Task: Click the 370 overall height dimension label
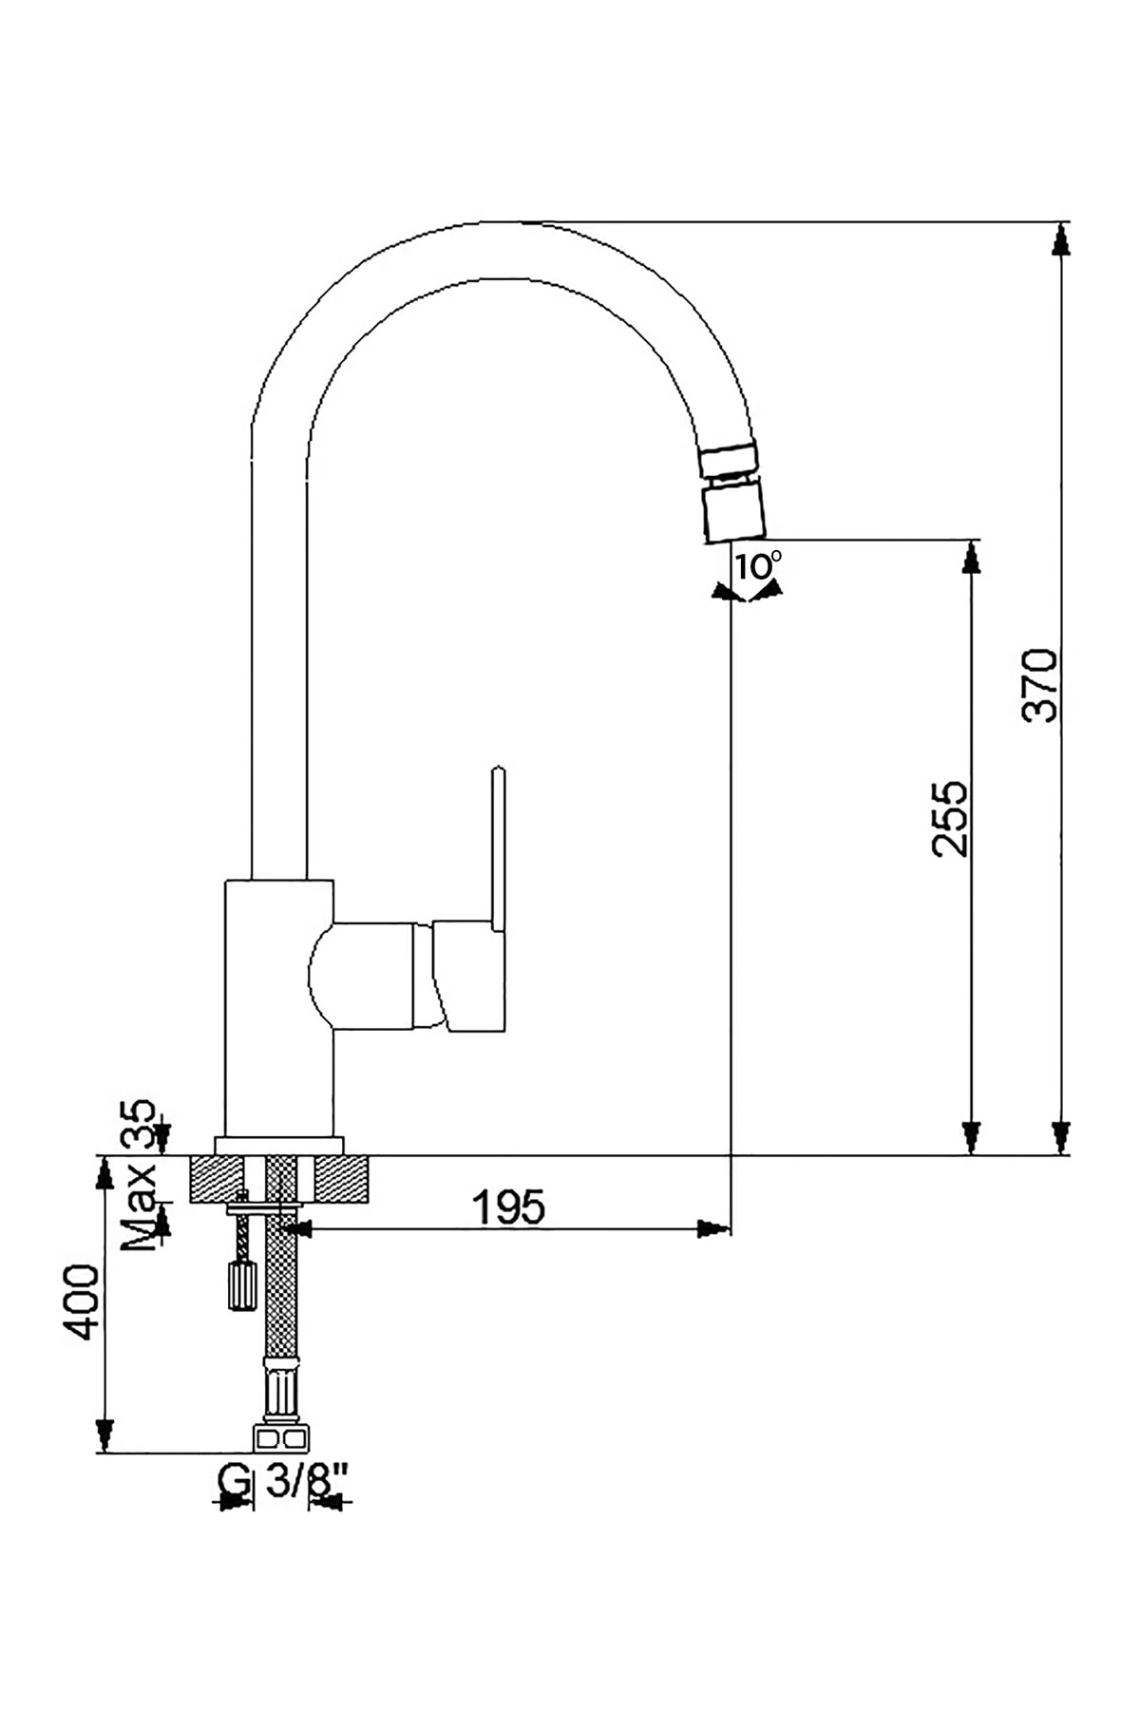pyautogui.click(x=1040, y=685)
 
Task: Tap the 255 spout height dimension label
pyautogui.click(x=950, y=819)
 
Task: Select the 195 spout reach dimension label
pyautogui.click(x=509, y=1207)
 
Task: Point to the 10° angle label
pyautogui.click(x=757, y=566)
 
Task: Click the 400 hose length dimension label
pyautogui.click(x=81, y=1301)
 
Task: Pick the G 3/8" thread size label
pyautogui.click(x=284, y=1480)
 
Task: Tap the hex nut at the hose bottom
pyautogui.click(x=279, y=1438)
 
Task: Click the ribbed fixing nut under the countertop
pyautogui.click(x=241, y=1286)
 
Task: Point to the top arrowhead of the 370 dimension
pyautogui.click(x=1061, y=238)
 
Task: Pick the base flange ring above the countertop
pyautogui.click(x=278, y=1146)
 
